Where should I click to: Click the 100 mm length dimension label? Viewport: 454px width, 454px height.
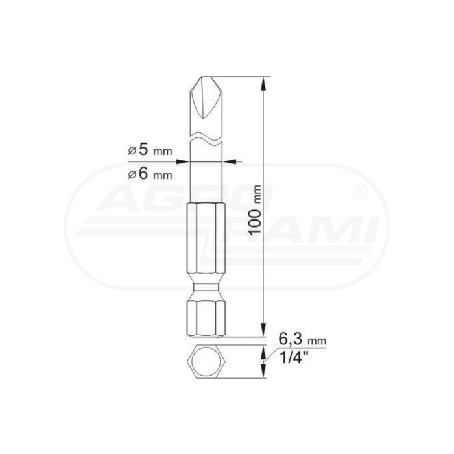[256, 209]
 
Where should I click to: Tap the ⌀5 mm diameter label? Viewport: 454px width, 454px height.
[150, 150]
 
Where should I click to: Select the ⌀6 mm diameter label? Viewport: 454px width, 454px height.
[150, 174]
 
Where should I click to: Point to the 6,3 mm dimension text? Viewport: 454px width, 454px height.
[302, 340]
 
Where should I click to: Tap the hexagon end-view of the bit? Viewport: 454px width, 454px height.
[206, 361]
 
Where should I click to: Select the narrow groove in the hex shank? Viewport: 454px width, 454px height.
[206, 287]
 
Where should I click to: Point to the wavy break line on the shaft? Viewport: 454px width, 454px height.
[206, 137]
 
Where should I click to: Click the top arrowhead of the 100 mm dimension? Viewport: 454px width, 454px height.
[263, 84]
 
